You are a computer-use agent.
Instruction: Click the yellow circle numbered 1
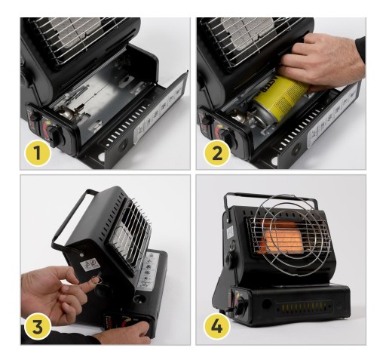pyautogui.click(x=38, y=153)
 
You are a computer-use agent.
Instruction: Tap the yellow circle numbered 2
pyautogui.click(x=217, y=153)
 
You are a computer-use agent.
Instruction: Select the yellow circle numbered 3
pyautogui.click(x=38, y=326)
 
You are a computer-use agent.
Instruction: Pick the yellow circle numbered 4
pyautogui.click(x=216, y=326)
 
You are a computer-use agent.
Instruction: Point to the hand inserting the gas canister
pyautogui.click(x=322, y=62)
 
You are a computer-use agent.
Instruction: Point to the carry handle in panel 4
pyautogui.click(x=270, y=195)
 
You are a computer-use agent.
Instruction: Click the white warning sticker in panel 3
pyautogui.click(x=90, y=265)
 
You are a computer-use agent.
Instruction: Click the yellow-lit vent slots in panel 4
pyautogui.click(x=303, y=307)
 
